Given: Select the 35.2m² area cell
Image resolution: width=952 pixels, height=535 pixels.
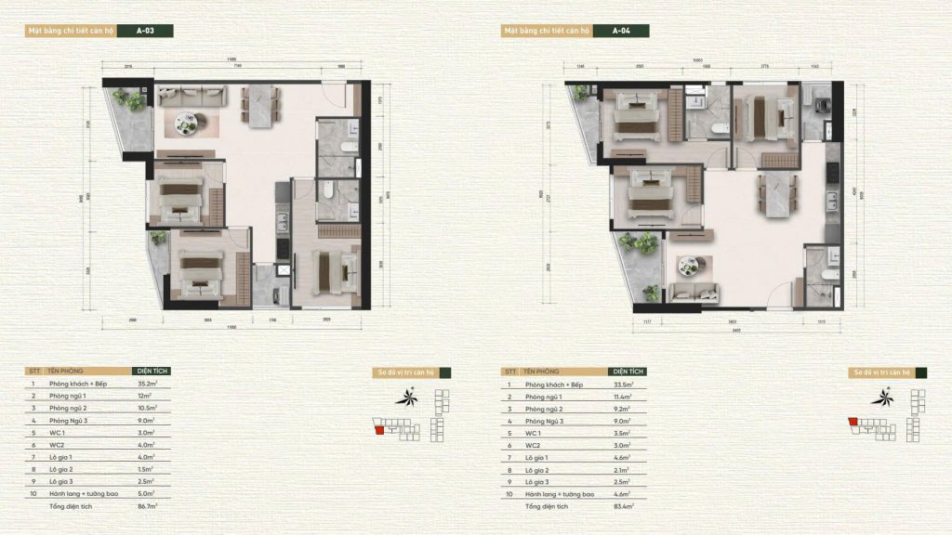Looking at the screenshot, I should (x=150, y=383).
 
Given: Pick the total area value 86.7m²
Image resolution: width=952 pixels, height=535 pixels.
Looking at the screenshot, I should (x=149, y=507).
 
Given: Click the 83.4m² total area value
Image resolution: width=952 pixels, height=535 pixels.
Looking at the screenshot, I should (x=624, y=507).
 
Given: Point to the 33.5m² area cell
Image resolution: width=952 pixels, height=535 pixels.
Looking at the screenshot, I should (x=624, y=384).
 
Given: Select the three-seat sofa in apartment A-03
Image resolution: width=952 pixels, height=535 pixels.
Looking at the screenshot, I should (x=192, y=94).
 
